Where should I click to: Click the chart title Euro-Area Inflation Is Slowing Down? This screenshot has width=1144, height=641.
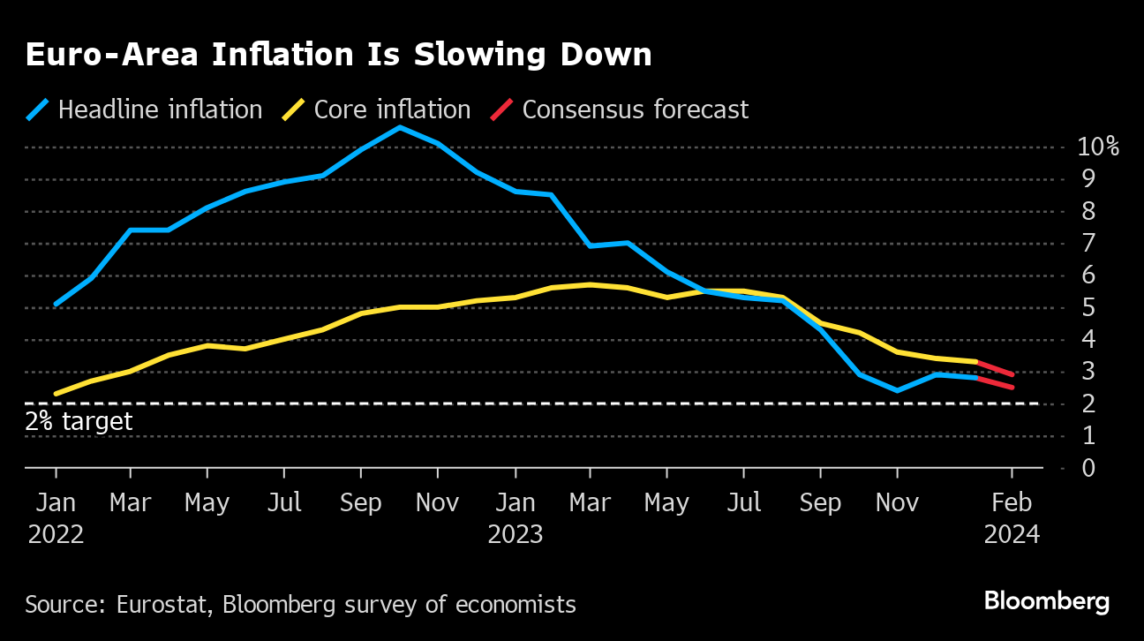coord(338,56)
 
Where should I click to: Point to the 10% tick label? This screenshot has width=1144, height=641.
coord(1097,147)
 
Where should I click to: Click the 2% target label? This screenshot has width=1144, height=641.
coord(79,421)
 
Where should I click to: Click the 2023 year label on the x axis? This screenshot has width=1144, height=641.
coord(515,534)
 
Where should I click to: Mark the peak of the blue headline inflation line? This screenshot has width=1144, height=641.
coord(399,127)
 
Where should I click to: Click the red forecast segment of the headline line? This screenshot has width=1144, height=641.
coord(996,382)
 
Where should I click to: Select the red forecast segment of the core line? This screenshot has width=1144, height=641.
coord(996,368)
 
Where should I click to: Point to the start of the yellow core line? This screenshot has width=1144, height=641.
coord(56,394)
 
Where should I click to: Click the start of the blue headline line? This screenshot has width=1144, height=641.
coord(56,304)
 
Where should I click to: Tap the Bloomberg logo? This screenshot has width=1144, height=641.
coord(1046,602)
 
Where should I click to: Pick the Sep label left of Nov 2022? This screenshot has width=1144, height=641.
coord(360,502)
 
